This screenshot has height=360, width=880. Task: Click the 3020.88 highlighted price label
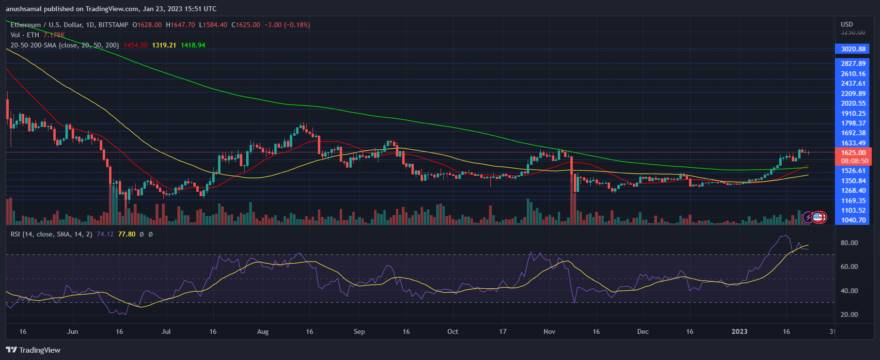[853, 49]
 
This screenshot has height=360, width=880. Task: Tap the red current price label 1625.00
[853, 153]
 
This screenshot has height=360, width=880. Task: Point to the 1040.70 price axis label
[853, 220]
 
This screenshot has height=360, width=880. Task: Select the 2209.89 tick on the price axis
[853, 94]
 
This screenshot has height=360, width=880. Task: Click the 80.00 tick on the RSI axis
[849, 243]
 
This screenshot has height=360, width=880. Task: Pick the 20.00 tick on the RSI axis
[849, 314]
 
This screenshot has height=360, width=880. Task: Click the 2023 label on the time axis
[739, 331]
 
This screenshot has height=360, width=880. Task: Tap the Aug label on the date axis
[263, 331]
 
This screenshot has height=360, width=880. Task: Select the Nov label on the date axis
[549, 331]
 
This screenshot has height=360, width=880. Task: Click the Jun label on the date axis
[72, 331]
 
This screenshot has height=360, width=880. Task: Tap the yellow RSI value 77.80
[126, 234]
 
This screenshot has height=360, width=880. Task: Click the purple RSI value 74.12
[105, 234]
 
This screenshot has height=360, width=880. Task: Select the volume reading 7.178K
[54, 35]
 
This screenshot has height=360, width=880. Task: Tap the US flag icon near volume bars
[818, 218]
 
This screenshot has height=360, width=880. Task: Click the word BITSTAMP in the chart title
[113, 25]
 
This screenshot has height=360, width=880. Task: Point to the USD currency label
[847, 24]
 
